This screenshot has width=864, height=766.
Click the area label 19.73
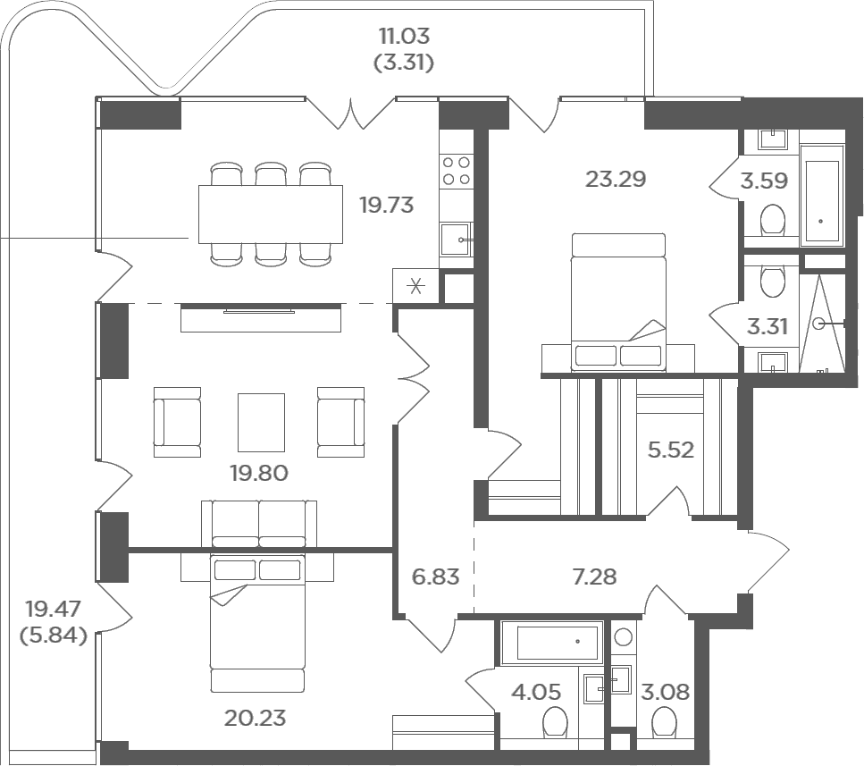point(387,205)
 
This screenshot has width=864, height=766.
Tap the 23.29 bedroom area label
point(616,179)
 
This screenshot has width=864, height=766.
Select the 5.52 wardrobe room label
point(671,450)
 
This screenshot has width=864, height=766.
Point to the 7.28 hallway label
point(594,577)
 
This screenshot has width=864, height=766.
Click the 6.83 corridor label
point(435,577)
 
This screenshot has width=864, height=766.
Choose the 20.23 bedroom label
point(256,718)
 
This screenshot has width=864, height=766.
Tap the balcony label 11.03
point(404,37)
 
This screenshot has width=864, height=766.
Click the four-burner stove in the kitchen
point(457,171)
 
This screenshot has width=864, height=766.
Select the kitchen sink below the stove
point(455,240)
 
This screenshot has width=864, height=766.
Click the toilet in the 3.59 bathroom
point(771,221)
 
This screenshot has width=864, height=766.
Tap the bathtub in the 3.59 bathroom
point(822,196)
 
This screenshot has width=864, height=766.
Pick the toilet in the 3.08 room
point(664,722)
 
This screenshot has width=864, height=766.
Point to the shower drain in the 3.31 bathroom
point(818,324)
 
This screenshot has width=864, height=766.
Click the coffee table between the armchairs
point(261,422)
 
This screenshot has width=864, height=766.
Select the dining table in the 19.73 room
point(271,215)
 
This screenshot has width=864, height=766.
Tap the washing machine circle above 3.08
point(624,637)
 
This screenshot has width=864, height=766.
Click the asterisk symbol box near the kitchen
point(416,286)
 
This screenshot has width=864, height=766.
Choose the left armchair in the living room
point(177,422)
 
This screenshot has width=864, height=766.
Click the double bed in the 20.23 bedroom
point(258,623)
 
